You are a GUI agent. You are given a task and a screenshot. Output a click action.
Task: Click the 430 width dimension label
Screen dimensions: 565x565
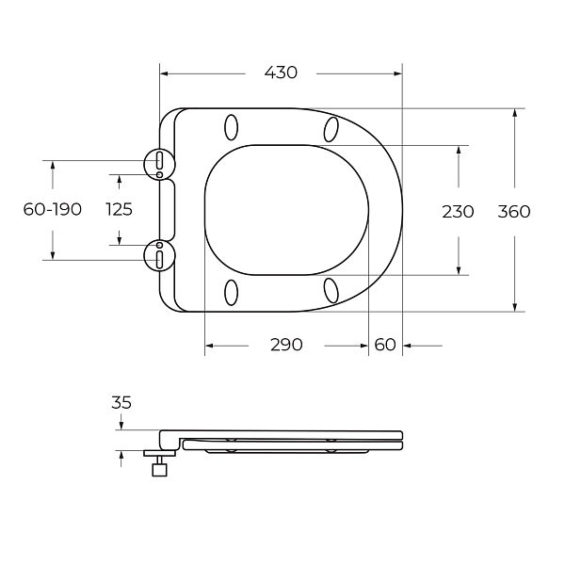point(281,73)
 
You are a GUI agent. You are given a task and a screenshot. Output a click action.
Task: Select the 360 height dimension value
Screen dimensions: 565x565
point(513,211)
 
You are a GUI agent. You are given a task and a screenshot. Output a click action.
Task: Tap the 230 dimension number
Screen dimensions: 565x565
point(458,211)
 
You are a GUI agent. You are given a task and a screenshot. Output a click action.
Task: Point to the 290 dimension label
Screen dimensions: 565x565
point(286,345)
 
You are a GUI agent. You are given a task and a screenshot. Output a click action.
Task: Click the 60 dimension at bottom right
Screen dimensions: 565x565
point(385,345)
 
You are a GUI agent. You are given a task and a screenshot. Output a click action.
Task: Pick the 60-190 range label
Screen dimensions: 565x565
point(53,209)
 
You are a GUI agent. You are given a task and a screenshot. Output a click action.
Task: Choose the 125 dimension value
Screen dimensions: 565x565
point(119,209)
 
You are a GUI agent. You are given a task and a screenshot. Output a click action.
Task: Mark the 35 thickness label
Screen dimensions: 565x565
point(121,403)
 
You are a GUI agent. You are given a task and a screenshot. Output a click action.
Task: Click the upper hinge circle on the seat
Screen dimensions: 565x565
point(159,162)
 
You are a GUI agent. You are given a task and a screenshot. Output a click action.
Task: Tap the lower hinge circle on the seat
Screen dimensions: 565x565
point(159,255)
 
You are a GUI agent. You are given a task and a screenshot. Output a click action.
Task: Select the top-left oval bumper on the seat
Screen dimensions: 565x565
point(232,126)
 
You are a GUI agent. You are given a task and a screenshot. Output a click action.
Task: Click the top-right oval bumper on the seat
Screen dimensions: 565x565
point(331,127)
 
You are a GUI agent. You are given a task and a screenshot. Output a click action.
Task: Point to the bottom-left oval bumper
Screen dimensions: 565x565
point(232,293)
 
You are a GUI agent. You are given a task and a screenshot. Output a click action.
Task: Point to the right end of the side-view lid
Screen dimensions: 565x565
point(401,438)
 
